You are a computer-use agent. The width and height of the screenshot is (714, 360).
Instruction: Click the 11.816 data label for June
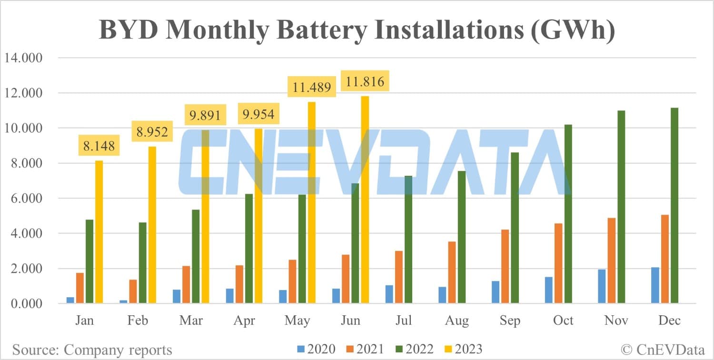pos(365,80)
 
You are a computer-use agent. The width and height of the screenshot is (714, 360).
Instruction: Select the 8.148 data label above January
pos(99,145)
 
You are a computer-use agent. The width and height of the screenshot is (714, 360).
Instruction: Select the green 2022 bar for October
pos(568,214)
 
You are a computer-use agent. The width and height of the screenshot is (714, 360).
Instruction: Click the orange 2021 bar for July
pos(399,277)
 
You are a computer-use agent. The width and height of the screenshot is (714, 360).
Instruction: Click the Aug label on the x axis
pos(457,320)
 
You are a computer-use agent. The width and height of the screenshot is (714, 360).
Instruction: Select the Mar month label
pos(191,320)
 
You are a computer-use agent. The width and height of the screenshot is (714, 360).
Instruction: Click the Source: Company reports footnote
pos(92,350)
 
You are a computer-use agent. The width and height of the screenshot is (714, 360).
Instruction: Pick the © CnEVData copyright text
pos(664,350)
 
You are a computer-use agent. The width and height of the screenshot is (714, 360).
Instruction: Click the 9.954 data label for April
pos(258,115)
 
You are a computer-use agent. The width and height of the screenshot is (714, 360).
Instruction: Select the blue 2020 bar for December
pos(655,285)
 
